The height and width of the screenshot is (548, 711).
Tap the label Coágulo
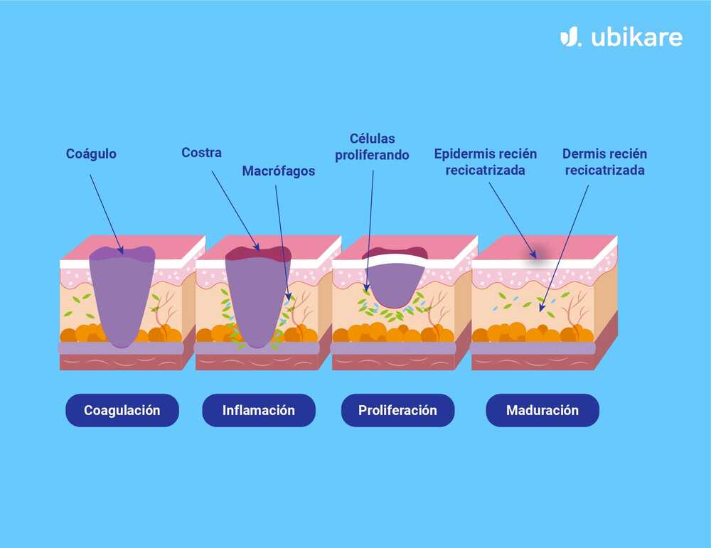[x=91, y=154]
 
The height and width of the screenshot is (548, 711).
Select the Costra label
[x=201, y=152]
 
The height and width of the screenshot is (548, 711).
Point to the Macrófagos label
[x=278, y=171]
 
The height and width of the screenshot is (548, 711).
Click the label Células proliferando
[x=372, y=146]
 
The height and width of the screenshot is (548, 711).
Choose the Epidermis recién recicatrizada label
[x=485, y=162]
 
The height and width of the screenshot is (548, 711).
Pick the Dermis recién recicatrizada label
[x=604, y=162]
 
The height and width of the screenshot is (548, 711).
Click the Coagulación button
[x=122, y=410]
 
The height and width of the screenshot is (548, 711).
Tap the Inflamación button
[x=259, y=410]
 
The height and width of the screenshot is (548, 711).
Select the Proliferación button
[x=397, y=410]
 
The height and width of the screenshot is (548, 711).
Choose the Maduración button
[x=542, y=410]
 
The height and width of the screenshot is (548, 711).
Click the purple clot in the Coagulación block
[x=122, y=299]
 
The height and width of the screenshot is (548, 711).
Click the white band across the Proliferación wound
[x=395, y=260]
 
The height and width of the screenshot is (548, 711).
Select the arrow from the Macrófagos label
[x=282, y=235]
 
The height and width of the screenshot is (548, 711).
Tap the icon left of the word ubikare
[x=570, y=37]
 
